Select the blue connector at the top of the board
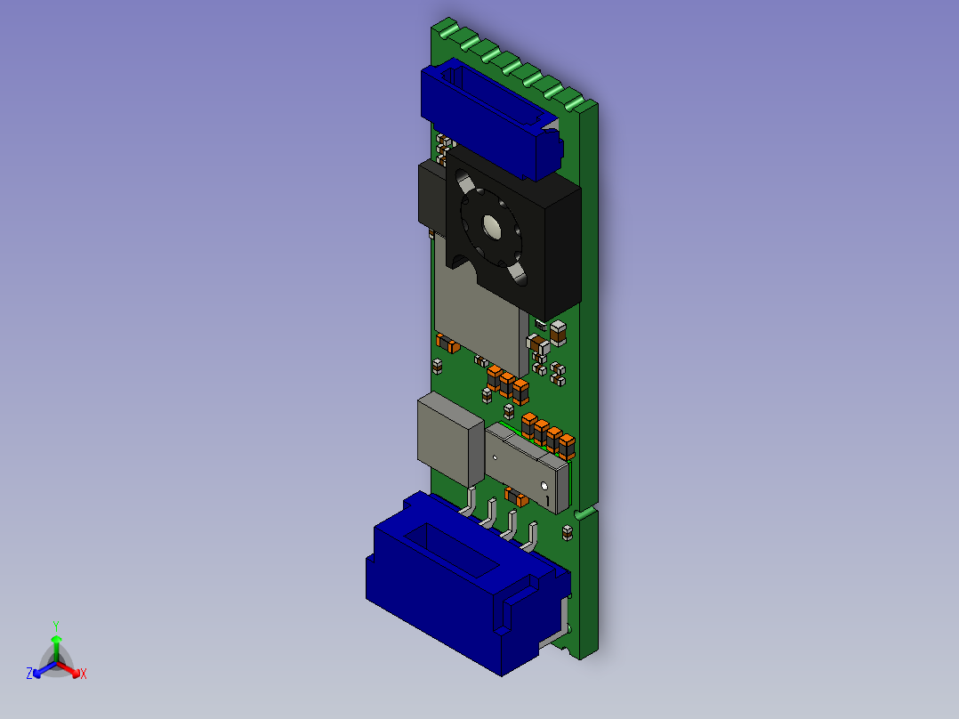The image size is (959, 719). [491, 119]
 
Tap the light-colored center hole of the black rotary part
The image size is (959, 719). [492, 227]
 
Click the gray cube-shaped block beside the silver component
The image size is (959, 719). [451, 439]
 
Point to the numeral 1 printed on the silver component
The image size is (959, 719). [548, 501]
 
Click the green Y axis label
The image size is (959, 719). [56, 626]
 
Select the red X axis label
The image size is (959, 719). [84, 674]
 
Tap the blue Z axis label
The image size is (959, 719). [28, 674]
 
